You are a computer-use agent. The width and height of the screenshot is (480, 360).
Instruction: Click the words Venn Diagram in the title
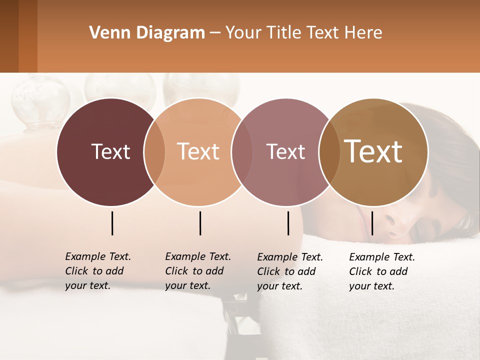click(147, 33)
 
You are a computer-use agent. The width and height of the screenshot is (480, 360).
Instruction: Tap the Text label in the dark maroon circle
click(110, 151)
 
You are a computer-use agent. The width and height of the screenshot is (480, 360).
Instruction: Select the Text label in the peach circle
click(198, 151)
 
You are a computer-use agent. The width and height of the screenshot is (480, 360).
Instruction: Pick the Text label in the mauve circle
click(285, 151)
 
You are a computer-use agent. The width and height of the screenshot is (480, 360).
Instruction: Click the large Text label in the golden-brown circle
click(373, 151)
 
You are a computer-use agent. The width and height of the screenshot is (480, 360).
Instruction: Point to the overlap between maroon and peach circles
click(154, 152)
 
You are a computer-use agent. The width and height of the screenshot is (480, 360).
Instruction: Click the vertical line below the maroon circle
click(112, 223)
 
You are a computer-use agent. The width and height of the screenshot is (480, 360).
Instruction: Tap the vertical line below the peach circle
click(200, 223)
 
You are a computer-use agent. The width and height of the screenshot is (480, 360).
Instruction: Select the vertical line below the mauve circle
click(288, 223)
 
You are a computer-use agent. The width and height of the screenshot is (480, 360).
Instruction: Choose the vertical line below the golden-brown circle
click(372, 223)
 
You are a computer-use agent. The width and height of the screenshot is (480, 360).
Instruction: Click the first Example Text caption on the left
click(98, 256)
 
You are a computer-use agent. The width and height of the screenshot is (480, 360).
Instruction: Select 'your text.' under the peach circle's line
click(187, 285)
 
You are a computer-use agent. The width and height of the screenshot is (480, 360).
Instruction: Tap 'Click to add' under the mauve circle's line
click(286, 271)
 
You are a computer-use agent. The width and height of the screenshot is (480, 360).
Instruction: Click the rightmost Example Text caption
click(382, 257)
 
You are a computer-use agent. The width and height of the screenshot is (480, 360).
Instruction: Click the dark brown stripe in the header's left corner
click(9, 36)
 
